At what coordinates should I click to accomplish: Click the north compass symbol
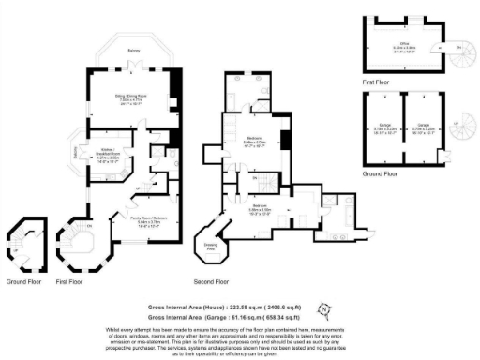pyautogui.click(x=324, y=307)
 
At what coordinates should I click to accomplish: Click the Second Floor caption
pyautogui.click(x=211, y=280)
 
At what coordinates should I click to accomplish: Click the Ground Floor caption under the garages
pyautogui.click(x=381, y=172)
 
